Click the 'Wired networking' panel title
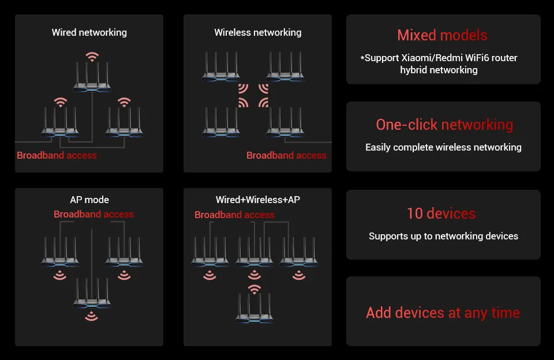coord(89,32)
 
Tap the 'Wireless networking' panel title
coord(257,32)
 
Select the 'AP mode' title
coord(89,200)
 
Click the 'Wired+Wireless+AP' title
coord(257,200)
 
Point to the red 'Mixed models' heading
coord(442,35)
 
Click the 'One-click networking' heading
coord(444,125)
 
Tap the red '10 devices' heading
coord(441,213)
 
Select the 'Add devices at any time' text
coord(443,313)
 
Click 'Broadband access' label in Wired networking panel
coord(57,155)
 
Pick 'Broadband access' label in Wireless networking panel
coord(286,155)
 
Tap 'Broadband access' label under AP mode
coord(93,214)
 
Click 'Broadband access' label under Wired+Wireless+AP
coord(234,215)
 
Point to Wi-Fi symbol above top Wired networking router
coord(92,57)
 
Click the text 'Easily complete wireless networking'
coord(443,147)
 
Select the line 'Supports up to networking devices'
coord(443,236)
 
